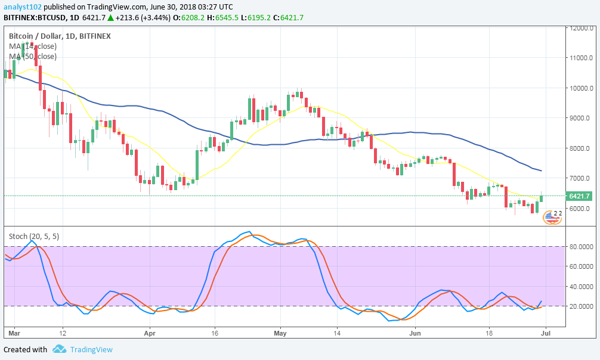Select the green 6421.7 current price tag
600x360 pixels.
(x=579, y=196)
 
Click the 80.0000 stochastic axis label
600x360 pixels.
(x=579, y=247)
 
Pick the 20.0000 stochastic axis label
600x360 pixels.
(x=579, y=306)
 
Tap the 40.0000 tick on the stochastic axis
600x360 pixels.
(x=579, y=287)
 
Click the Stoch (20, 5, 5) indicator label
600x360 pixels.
(x=34, y=236)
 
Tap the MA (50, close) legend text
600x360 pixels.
(x=33, y=57)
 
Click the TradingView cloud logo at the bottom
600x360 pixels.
(x=59, y=349)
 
